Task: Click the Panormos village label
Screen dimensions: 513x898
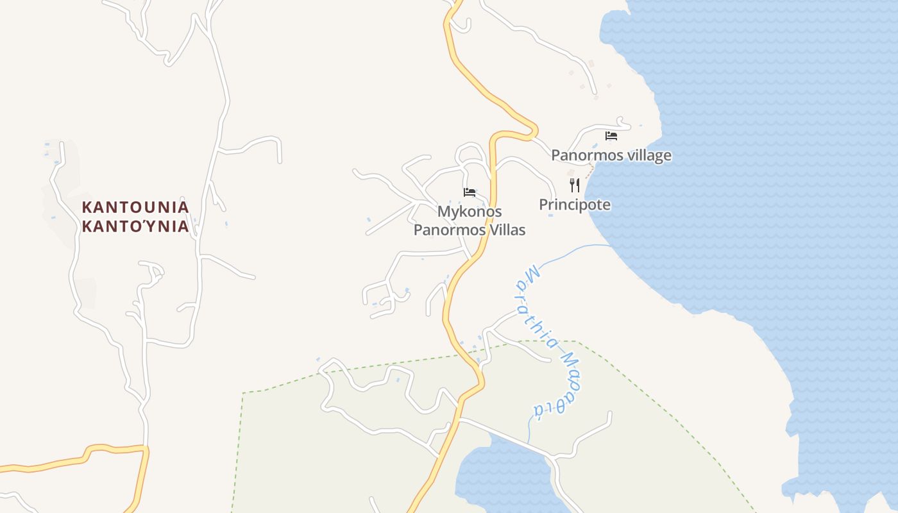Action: click(x=611, y=155)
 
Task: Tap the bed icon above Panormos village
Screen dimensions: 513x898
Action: click(x=611, y=136)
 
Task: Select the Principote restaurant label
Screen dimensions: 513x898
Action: click(x=575, y=205)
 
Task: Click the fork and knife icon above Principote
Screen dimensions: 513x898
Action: click(x=575, y=185)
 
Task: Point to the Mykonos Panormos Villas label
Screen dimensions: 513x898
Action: click(x=470, y=221)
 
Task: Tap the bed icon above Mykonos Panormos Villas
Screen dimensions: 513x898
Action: click(x=470, y=192)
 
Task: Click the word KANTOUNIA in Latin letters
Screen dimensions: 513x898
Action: click(x=135, y=207)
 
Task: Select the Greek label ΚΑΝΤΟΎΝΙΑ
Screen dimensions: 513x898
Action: click(x=135, y=226)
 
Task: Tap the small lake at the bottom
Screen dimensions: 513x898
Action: click(x=507, y=478)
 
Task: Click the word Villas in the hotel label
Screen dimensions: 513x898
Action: click(x=507, y=230)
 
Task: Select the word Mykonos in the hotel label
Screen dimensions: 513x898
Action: click(x=470, y=212)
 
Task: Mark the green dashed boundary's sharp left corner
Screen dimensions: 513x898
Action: click(x=244, y=392)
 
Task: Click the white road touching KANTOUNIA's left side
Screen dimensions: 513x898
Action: click(x=72, y=218)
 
